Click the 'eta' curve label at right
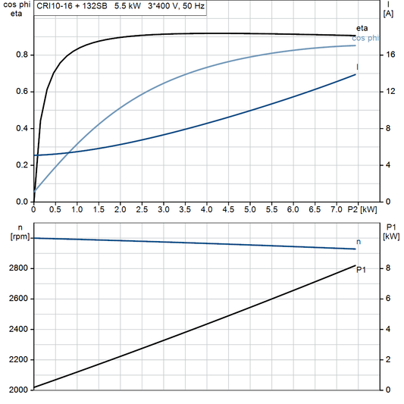(362, 28)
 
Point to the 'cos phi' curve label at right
(367, 38)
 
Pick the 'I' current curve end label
(358, 67)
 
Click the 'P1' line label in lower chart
(362, 269)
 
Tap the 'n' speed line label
(359, 242)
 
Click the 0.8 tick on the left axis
(21, 55)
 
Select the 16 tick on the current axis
(388, 55)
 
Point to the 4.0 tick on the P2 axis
(206, 208)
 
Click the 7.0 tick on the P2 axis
(336, 208)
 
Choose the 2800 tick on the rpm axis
(17, 268)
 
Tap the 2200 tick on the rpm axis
(17, 359)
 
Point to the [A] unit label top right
(388, 14)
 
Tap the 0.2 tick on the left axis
(21, 164)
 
